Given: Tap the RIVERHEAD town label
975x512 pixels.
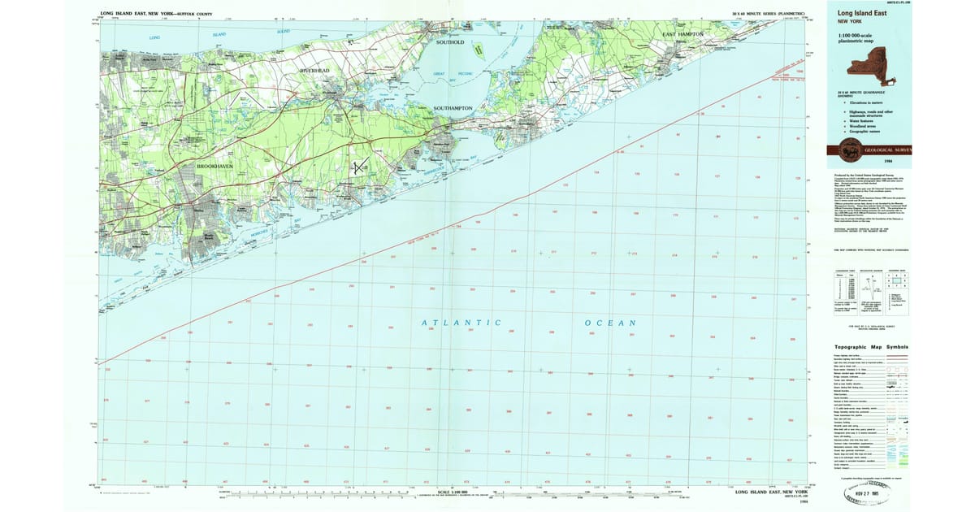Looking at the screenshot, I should pyautogui.click(x=315, y=72).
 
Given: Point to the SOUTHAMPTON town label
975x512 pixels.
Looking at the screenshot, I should pyautogui.click(x=453, y=108).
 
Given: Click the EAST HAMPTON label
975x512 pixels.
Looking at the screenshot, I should pyautogui.click(x=682, y=34).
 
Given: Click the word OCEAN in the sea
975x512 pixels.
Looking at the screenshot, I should pyautogui.click(x=609, y=323).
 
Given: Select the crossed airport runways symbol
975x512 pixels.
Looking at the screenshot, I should pyautogui.click(x=360, y=165).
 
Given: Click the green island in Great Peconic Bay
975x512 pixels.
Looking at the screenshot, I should pyautogui.click(x=479, y=50).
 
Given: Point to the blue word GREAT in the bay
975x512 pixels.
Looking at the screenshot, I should pyautogui.click(x=440, y=74).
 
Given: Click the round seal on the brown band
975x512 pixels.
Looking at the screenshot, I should pyautogui.click(x=850, y=150).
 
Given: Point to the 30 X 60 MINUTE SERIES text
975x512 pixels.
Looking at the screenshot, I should pyautogui.click(x=768, y=14).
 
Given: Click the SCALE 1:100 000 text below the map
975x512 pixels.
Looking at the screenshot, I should pyautogui.click(x=456, y=492).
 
